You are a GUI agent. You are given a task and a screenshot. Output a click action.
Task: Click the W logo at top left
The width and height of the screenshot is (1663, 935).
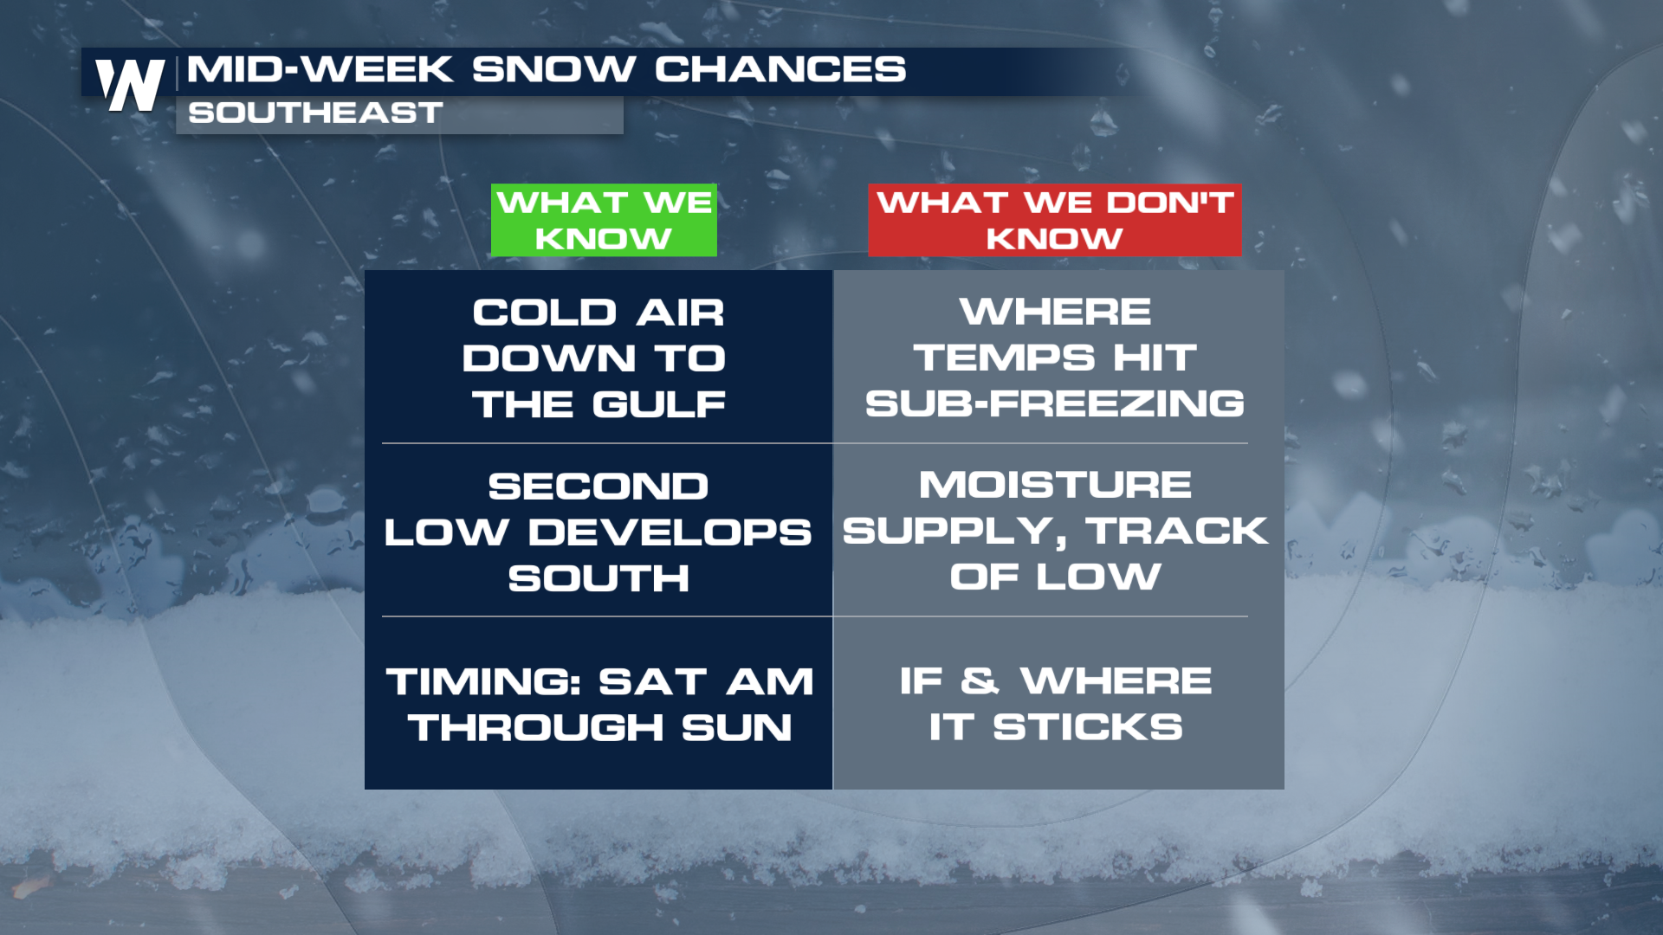[x=130, y=85]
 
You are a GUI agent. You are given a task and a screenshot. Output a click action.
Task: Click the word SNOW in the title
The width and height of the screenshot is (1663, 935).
[x=553, y=69]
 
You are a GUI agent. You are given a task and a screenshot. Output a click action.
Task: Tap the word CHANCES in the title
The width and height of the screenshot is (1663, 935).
[x=780, y=69]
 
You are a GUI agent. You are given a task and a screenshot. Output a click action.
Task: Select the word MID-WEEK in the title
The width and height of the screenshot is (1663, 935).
[x=320, y=69]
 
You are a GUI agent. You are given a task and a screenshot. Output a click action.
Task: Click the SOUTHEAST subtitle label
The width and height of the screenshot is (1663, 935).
[x=315, y=113]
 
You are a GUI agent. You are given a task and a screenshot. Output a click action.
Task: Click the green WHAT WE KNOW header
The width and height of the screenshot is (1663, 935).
[x=604, y=220]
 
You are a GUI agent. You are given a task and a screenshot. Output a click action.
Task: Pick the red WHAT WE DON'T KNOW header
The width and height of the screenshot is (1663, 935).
[x=1055, y=220]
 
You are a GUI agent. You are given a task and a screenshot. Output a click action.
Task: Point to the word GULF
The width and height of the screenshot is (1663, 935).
[x=659, y=404]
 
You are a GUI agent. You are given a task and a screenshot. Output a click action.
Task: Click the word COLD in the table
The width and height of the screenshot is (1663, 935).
[x=544, y=313]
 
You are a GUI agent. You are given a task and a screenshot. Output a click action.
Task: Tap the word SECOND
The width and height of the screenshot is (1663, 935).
[x=599, y=487]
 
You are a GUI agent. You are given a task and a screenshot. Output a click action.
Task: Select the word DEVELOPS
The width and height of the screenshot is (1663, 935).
[x=670, y=532]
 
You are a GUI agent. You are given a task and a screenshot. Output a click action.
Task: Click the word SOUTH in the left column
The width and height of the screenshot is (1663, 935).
[x=599, y=578]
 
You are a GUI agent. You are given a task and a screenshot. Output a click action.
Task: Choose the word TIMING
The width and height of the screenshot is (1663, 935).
[x=483, y=682]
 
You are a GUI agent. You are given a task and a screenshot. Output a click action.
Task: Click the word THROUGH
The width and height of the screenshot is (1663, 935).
[x=536, y=728]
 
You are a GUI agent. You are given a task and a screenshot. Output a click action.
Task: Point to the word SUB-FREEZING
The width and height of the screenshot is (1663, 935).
[x=1055, y=403]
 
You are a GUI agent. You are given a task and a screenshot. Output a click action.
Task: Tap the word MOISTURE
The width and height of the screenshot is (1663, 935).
[x=1055, y=485]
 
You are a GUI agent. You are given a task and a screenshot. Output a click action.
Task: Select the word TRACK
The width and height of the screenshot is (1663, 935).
[x=1177, y=531]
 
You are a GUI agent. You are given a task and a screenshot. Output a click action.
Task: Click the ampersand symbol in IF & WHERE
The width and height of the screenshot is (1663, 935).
[x=980, y=680]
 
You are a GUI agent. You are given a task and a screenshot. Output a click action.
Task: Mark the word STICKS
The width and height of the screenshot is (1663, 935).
[x=1087, y=727]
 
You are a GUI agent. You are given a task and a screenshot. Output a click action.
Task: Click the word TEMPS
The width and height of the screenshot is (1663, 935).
[x=1004, y=358]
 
